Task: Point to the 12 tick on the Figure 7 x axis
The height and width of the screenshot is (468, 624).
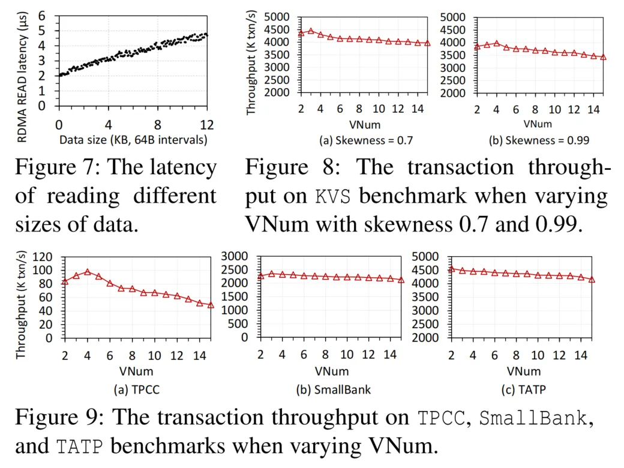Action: [207, 125]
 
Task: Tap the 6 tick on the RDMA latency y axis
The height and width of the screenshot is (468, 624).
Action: [41, 16]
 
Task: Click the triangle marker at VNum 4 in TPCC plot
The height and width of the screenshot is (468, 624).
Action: [87, 272]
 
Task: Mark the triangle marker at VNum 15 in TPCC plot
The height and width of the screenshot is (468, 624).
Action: [211, 305]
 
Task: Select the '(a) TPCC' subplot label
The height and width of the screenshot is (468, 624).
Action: [137, 389]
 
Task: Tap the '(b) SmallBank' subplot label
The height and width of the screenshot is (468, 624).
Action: [334, 389]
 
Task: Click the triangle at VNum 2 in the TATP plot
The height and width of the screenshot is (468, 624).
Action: [451, 269]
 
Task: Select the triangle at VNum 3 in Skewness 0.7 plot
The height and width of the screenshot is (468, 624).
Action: [311, 30]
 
